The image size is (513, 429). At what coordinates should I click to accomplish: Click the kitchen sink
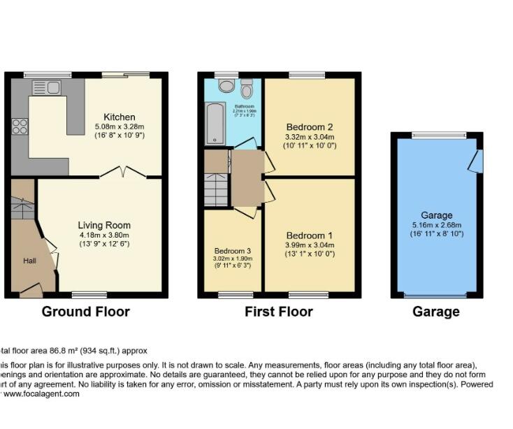47,87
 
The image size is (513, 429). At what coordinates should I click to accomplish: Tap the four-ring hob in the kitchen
20,126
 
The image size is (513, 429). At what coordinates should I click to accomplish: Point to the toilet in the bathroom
226,85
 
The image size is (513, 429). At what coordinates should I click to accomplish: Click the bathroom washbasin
246,90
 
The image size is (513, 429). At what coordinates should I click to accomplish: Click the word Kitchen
120,117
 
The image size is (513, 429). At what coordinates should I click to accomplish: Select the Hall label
30,261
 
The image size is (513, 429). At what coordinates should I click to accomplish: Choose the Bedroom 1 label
310,235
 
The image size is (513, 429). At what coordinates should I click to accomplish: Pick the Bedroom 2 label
310,127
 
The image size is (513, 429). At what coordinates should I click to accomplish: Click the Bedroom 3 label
232,251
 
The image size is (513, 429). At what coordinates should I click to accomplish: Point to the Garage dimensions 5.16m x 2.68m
436,225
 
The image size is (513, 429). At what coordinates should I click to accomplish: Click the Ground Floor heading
86,312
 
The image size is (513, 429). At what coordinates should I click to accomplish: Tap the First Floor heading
278,312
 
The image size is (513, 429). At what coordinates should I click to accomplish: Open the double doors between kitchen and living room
123,172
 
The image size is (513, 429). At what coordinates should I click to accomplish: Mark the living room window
89,295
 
